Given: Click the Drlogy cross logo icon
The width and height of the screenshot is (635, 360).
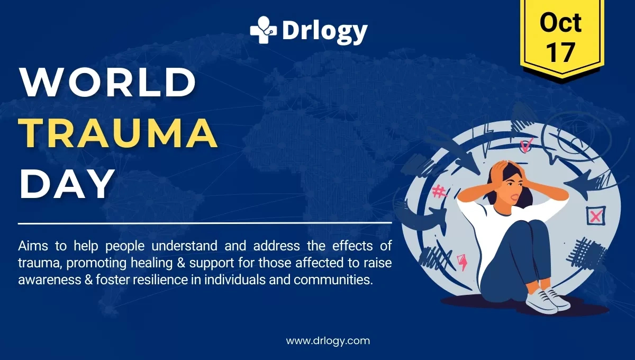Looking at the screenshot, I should point(263,30).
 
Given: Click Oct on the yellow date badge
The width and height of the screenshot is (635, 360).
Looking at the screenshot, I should point(560,22).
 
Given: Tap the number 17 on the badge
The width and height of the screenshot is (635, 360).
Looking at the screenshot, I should point(560,52).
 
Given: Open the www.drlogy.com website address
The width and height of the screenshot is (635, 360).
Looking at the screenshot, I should point(328,340).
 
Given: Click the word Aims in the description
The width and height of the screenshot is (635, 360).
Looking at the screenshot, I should point(32,246).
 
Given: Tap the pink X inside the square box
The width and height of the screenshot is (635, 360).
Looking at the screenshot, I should point(596,215).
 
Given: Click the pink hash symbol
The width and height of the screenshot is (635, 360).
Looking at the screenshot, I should point(439,191).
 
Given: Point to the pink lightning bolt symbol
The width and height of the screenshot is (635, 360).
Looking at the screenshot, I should point(462,262).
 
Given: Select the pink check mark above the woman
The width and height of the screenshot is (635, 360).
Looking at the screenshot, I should point(526,144).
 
